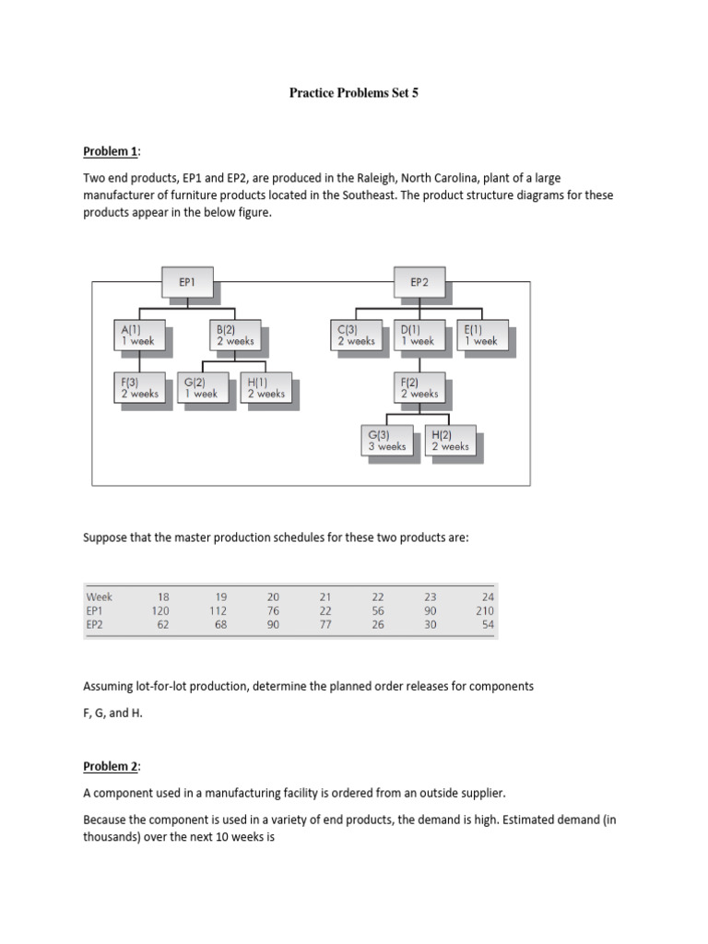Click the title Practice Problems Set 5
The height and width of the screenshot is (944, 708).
[354, 93]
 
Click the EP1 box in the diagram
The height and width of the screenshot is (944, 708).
[187, 283]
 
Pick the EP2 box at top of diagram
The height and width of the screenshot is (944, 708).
[419, 283]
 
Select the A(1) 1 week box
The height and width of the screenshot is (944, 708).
[139, 334]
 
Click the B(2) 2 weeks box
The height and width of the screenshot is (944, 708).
[234, 334]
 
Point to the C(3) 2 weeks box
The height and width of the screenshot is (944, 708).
[357, 334]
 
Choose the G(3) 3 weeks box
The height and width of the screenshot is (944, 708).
[386, 440]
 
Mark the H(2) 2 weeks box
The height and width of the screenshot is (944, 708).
[450, 440]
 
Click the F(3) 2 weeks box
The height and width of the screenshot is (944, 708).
[139, 387]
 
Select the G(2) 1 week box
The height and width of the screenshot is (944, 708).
[201, 387]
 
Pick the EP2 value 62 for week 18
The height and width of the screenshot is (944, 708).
[163, 624]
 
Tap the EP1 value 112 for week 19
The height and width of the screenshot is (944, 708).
[218, 610]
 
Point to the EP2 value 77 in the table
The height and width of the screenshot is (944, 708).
[324, 624]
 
